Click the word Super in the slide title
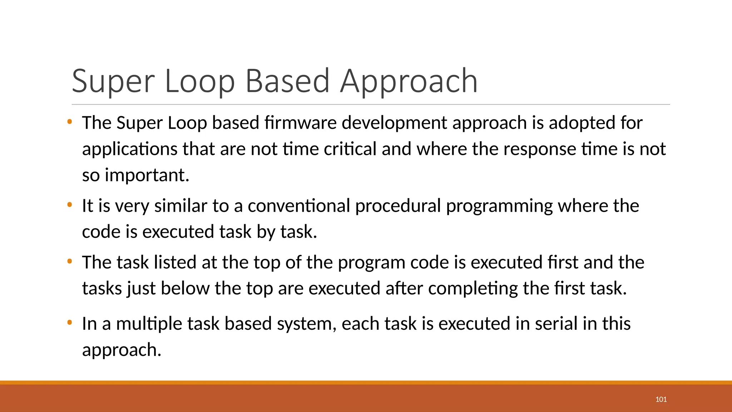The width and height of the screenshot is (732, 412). pos(113,82)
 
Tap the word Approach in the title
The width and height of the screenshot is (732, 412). pos(409,82)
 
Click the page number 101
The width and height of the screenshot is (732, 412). pos(661,399)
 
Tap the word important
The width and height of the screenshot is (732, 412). pos(147,175)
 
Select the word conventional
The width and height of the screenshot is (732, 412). pos(299,206)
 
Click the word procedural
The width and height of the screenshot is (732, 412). pos(398,206)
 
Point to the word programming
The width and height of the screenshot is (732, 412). pos(499,206)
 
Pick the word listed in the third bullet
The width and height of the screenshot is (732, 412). pos(175,262)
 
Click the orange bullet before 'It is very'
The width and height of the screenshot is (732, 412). pos(70,205)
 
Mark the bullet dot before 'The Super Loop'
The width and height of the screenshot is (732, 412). pos(70,122)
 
